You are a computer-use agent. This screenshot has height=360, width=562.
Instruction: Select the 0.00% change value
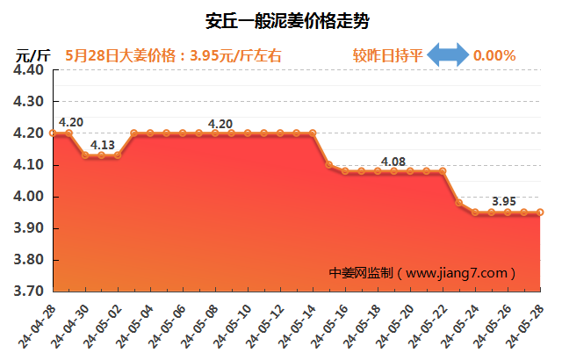494,55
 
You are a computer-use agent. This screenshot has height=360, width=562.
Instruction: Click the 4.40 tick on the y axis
30,70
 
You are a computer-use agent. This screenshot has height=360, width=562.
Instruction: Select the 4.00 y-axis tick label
30,197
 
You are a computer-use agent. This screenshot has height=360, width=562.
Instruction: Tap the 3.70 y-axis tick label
30,292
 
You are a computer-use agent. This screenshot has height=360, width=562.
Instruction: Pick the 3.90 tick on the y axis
30,228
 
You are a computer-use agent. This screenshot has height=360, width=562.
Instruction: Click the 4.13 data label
103,145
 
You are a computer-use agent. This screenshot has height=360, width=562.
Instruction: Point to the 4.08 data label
393,162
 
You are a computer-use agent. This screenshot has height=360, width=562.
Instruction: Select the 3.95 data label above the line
504,201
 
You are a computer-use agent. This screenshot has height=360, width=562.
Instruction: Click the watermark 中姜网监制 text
361,273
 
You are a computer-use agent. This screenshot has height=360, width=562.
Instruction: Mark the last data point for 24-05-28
540,212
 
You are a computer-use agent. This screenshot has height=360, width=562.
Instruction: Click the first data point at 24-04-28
53,133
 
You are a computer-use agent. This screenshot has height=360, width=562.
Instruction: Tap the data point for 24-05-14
313,133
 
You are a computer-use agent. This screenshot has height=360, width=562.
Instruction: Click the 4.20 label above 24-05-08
220,124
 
